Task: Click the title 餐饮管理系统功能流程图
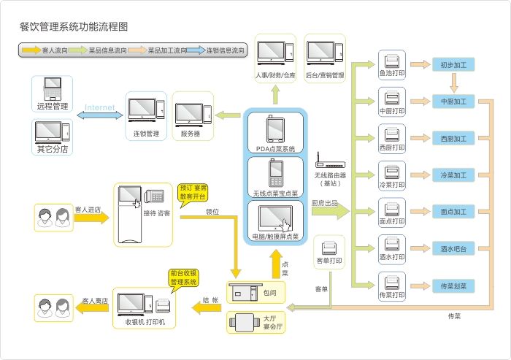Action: [74, 26]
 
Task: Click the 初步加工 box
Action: [453, 64]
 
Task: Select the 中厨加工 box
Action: [453, 100]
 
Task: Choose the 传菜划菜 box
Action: [453, 285]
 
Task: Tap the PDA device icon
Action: [274, 129]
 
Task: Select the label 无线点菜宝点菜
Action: [274, 193]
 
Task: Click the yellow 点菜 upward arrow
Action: [275, 263]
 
